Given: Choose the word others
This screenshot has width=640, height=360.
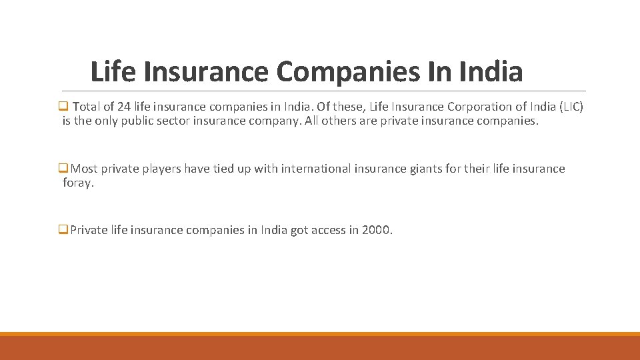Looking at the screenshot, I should point(345,122).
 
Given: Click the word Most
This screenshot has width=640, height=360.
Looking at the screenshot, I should point(84,169).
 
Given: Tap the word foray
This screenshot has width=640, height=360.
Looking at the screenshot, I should point(78,183).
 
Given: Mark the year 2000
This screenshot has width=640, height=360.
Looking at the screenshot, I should point(377,230).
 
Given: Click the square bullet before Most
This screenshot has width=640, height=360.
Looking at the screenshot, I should point(65,168).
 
